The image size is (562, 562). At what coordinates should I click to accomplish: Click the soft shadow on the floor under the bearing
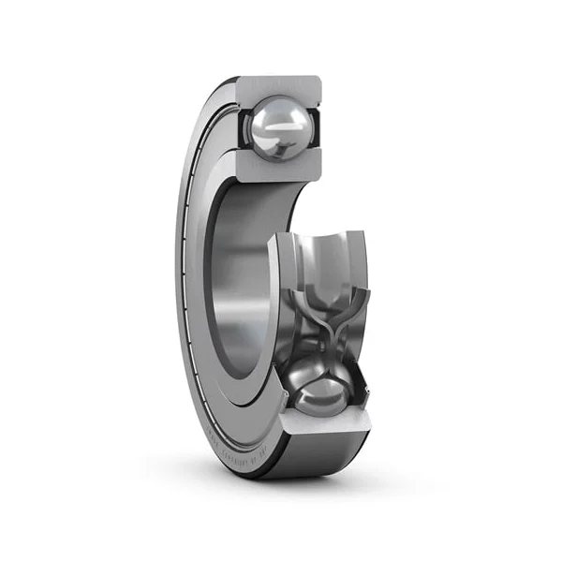[x=309, y=482]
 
